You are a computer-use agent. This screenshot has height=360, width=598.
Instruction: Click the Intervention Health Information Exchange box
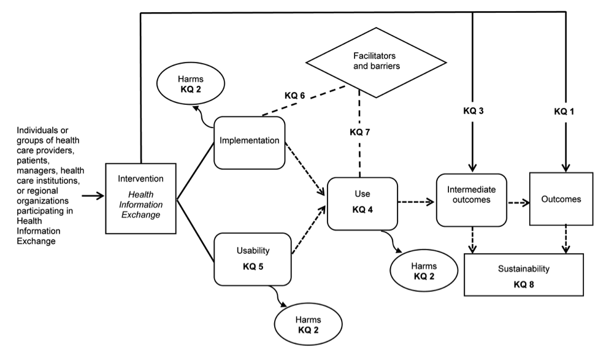click(140, 199)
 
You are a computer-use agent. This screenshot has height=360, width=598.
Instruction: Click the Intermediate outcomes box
click(471, 199)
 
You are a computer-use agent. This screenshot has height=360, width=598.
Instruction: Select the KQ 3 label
click(472, 112)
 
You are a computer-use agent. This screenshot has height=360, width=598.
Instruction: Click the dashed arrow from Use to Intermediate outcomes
click(416, 201)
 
